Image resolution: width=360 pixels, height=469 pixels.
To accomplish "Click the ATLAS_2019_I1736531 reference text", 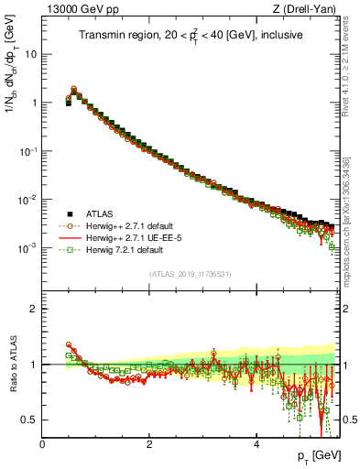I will pyautogui.click(x=191, y=274).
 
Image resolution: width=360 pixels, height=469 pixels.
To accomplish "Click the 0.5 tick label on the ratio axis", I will pyautogui.click(x=30, y=420).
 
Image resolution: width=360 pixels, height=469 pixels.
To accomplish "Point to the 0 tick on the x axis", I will pyautogui.click(x=42, y=443).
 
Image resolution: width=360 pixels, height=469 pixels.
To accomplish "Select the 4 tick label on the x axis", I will pyautogui.click(x=256, y=443).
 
